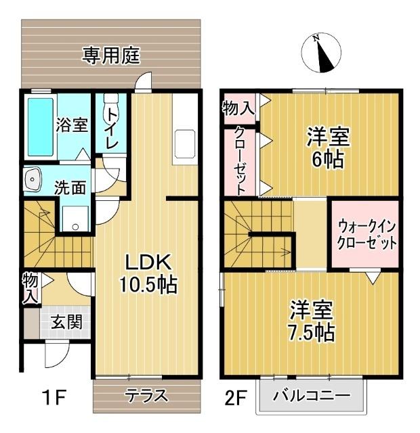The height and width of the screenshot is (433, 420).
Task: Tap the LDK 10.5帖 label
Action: pyautogui.click(x=148, y=273)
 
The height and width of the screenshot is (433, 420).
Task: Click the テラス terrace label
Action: pyautogui.click(x=146, y=396)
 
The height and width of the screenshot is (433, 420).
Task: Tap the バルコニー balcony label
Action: pyautogui.click(x=312, y=396)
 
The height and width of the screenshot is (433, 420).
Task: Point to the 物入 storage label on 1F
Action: pyautogui.click(x=29, y=287)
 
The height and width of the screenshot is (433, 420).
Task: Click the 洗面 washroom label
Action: pyautogui.click(x=70, y=188)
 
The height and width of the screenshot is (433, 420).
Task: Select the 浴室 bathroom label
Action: pyautogui.click(x=72, y=126)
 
